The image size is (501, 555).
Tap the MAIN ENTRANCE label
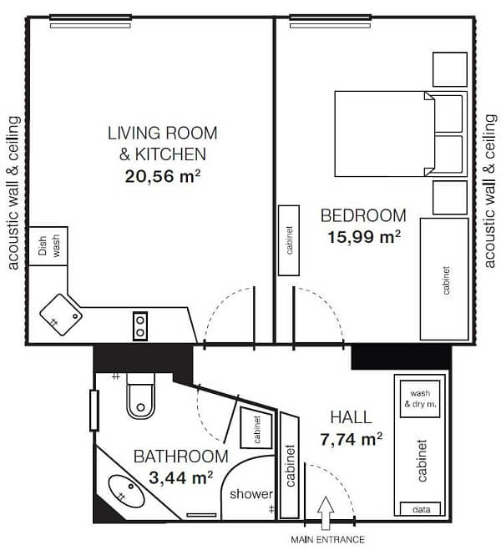[327, 540]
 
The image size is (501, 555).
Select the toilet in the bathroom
[140, 396]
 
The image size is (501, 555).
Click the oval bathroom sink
[126, 491]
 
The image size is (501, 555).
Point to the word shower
[251, 494]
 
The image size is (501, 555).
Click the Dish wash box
[48, 246]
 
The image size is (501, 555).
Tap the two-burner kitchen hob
[140, 326]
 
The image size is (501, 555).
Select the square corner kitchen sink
[61, 315]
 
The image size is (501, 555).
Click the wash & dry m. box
[420, 399]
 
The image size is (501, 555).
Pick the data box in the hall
[421, 508]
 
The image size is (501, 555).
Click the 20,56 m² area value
[163, 176]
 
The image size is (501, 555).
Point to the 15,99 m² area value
[364, 237]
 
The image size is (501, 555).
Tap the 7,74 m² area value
[352, 439]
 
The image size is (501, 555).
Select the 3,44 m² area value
[181, 478]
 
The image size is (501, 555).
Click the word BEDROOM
[363, 215]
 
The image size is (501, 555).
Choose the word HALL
[351, 417]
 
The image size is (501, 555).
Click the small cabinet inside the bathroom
[256, 428]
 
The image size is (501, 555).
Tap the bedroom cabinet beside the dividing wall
[289, 240]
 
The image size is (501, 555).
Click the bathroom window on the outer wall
[94, 411]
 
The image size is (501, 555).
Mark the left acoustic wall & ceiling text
[13, 193]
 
